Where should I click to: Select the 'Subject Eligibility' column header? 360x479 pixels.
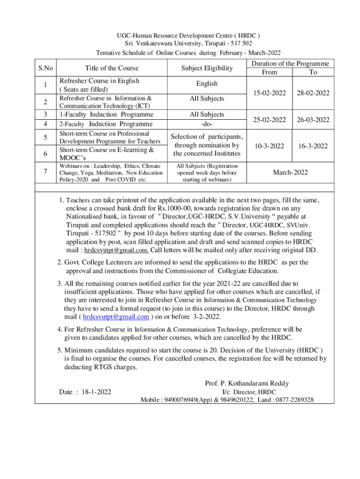click(207, 68)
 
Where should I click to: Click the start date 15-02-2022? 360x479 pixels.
click(266, 93)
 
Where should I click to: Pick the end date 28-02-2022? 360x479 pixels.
click(313, 93)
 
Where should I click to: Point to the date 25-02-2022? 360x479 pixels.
click(266, 120)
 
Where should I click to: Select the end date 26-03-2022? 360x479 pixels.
click(313, 120)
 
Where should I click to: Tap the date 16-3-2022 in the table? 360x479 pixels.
click(313, 146)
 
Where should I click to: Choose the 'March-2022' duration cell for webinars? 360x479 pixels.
click(290, 173)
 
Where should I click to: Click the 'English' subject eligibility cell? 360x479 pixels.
click(207, 84)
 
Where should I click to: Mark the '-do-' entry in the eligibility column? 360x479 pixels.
click(207, 124)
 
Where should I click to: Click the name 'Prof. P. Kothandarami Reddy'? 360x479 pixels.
click(247, 383)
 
